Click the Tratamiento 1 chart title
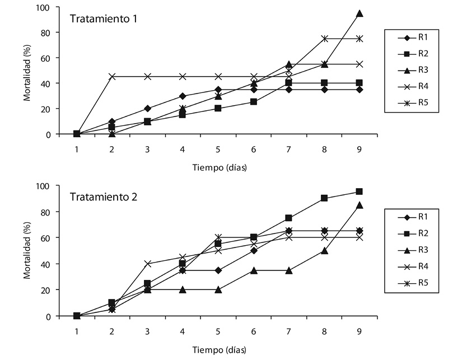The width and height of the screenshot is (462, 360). pyautogui.click(x=104, y=18)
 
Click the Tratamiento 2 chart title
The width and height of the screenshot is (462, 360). pyautogui.click(x=104, y=197)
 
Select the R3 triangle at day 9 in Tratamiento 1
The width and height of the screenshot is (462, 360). pyautogui.click(x=360, y=13)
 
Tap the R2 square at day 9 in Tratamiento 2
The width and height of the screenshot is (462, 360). pyautogui.click(x=360, y=191)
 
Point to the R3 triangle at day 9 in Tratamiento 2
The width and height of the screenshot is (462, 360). pyautogui.click(x=360, y=205)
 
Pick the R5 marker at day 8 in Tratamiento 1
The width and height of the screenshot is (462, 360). pyautogui.click(x=324, y=39)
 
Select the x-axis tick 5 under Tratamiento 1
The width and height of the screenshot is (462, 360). pyautogui.click(x=218, y=149)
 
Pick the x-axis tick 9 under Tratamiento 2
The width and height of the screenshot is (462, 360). pyautogui.click(x=360, y=331)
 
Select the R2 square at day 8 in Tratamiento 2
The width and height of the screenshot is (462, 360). pyautogui.click(x=324, y=198)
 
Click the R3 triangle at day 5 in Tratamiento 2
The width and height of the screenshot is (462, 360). pyautogui.click(x=218, y=290)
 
